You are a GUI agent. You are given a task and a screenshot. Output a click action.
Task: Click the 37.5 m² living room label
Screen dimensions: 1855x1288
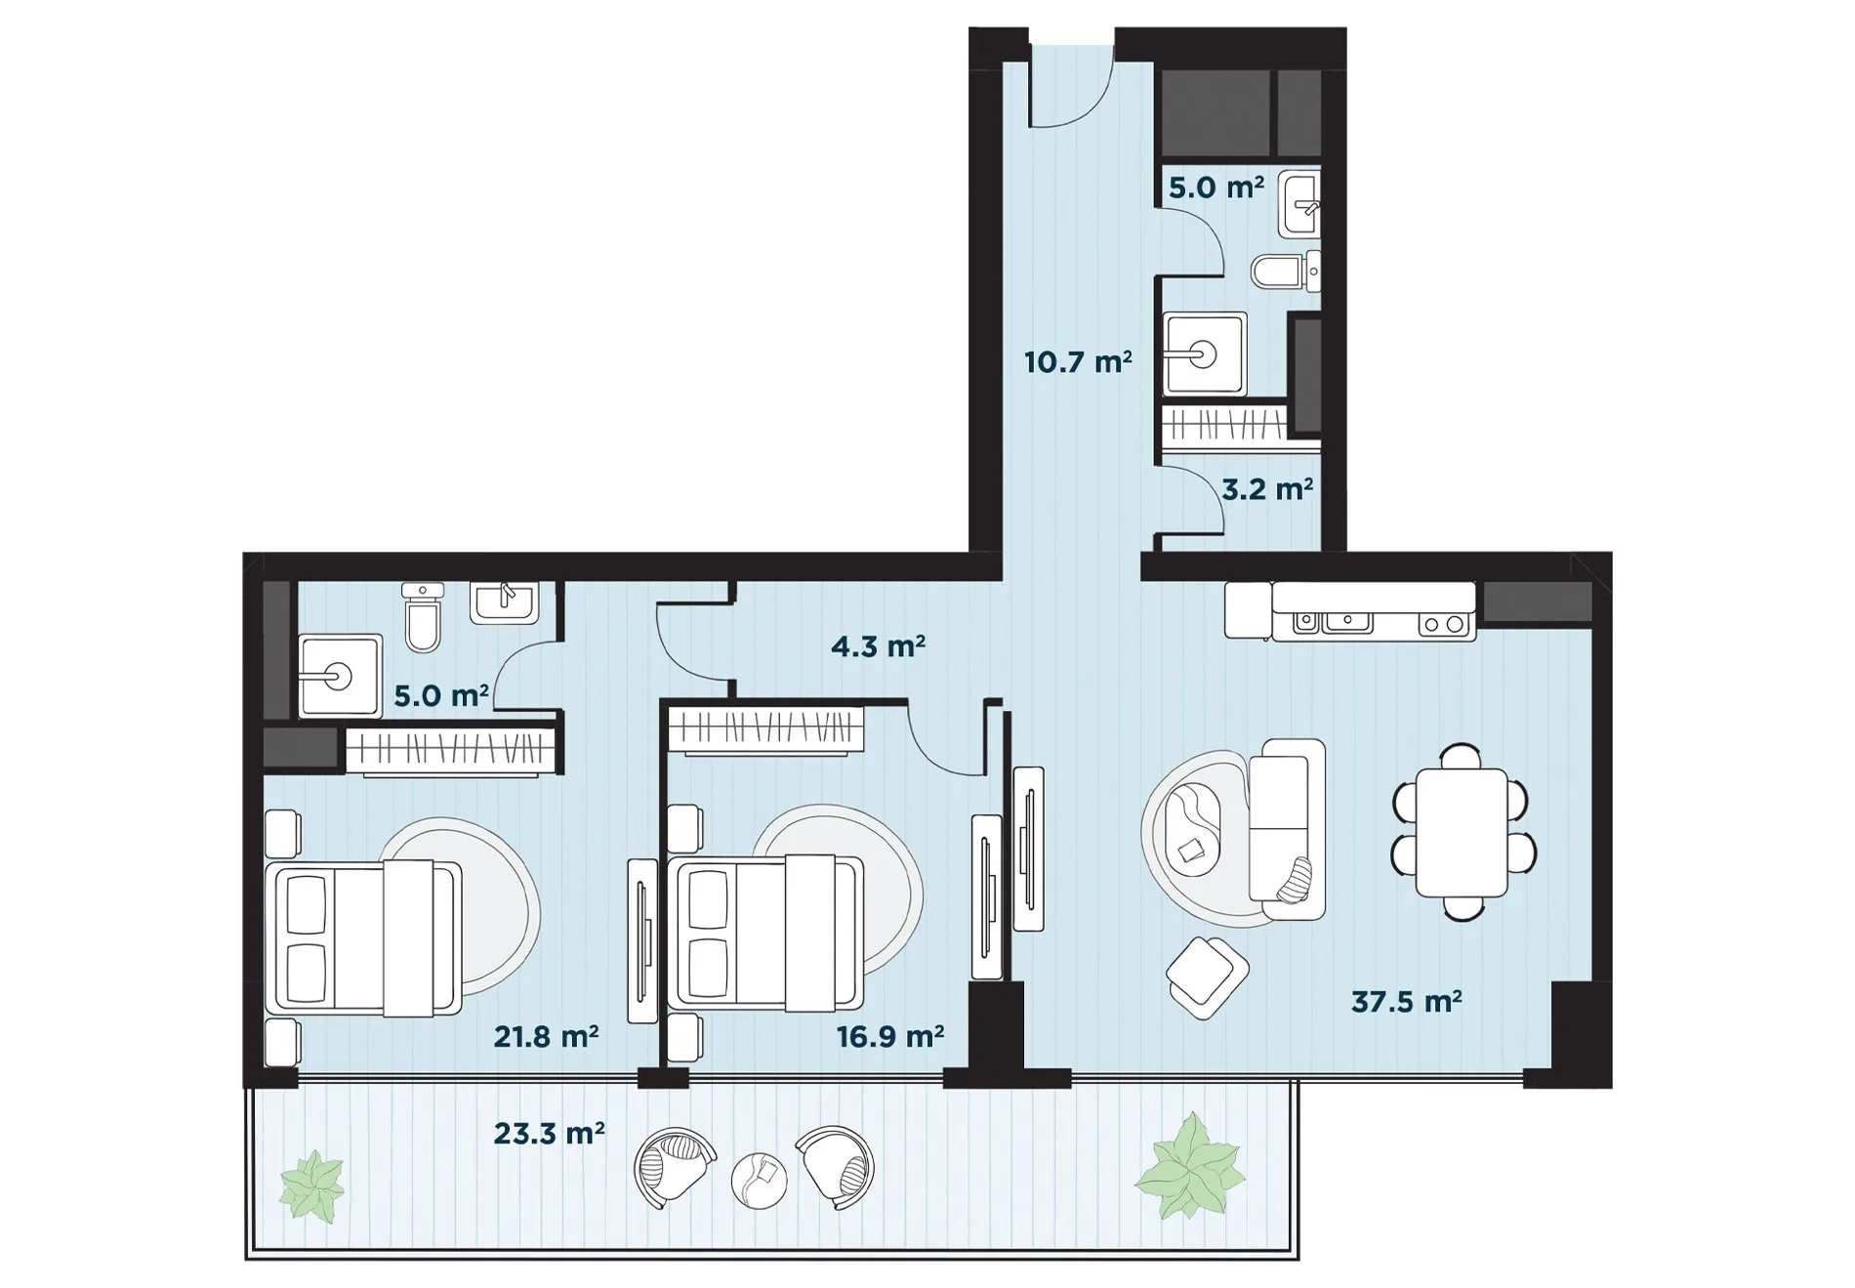1406,1002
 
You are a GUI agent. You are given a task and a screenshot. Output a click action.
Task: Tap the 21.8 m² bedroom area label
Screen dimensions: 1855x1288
546,1036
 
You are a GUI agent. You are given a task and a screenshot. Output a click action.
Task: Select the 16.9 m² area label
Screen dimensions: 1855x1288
889,1036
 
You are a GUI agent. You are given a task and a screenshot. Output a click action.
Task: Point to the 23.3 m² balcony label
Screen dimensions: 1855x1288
549,1133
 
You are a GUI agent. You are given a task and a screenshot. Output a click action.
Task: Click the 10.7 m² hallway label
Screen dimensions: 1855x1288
1078,362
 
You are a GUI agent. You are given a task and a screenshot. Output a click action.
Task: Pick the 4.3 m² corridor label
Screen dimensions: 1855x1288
878,646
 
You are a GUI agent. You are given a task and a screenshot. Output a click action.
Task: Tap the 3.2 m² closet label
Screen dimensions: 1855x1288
1267,488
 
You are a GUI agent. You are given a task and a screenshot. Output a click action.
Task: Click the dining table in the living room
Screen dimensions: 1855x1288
1463,832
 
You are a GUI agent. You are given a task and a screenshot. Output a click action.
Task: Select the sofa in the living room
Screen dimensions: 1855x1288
1287,829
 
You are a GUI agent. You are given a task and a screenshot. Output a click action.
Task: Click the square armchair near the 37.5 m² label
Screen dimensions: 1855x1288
1207,976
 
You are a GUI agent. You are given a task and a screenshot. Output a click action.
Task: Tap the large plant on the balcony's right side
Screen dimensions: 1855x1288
1189,1167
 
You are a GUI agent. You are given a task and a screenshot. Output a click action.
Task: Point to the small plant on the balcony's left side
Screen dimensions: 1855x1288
312,1185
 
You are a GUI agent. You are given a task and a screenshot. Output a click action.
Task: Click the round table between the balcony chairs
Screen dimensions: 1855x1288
759,1180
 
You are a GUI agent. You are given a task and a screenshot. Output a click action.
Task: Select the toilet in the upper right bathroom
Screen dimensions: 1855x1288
1286,270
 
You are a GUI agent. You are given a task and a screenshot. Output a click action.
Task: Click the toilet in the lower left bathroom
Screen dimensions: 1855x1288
423,616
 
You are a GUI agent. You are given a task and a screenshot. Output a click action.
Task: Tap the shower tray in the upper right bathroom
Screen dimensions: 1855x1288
1205,353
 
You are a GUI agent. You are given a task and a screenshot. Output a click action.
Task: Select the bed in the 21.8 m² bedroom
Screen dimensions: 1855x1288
364,937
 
